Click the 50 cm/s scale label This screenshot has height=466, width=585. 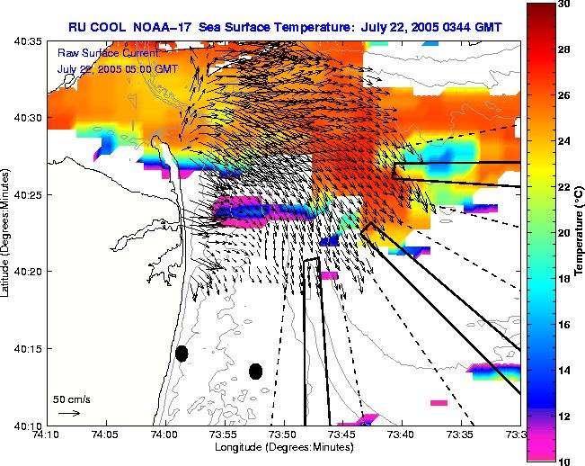pyautogui.click(x=71, y=399)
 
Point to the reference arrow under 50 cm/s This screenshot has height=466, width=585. pyautogui.click(x=68, y=413)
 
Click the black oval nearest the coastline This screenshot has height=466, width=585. pyautogui.click(x=182, y=354)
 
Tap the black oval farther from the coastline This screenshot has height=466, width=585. pyautogui.click(x=256, y=371)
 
